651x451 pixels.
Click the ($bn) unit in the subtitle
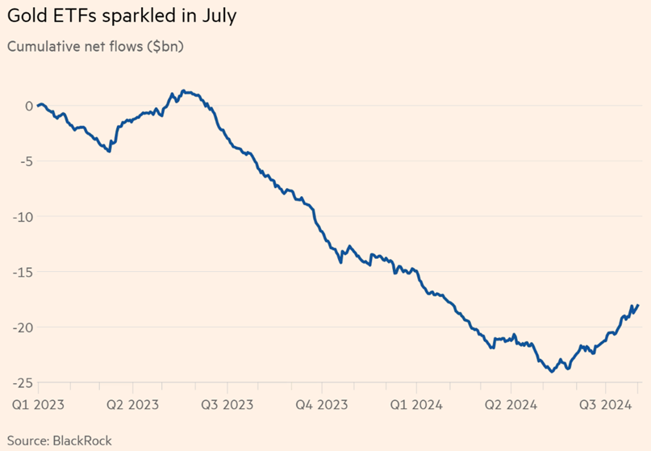164,46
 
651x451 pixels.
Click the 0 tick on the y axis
28,106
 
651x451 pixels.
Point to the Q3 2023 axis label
227,404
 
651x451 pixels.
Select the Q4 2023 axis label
321,404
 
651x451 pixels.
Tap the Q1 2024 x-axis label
415,404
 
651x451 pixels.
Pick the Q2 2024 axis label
510,404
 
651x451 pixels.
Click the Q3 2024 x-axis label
605,404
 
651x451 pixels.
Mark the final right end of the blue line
638,305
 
